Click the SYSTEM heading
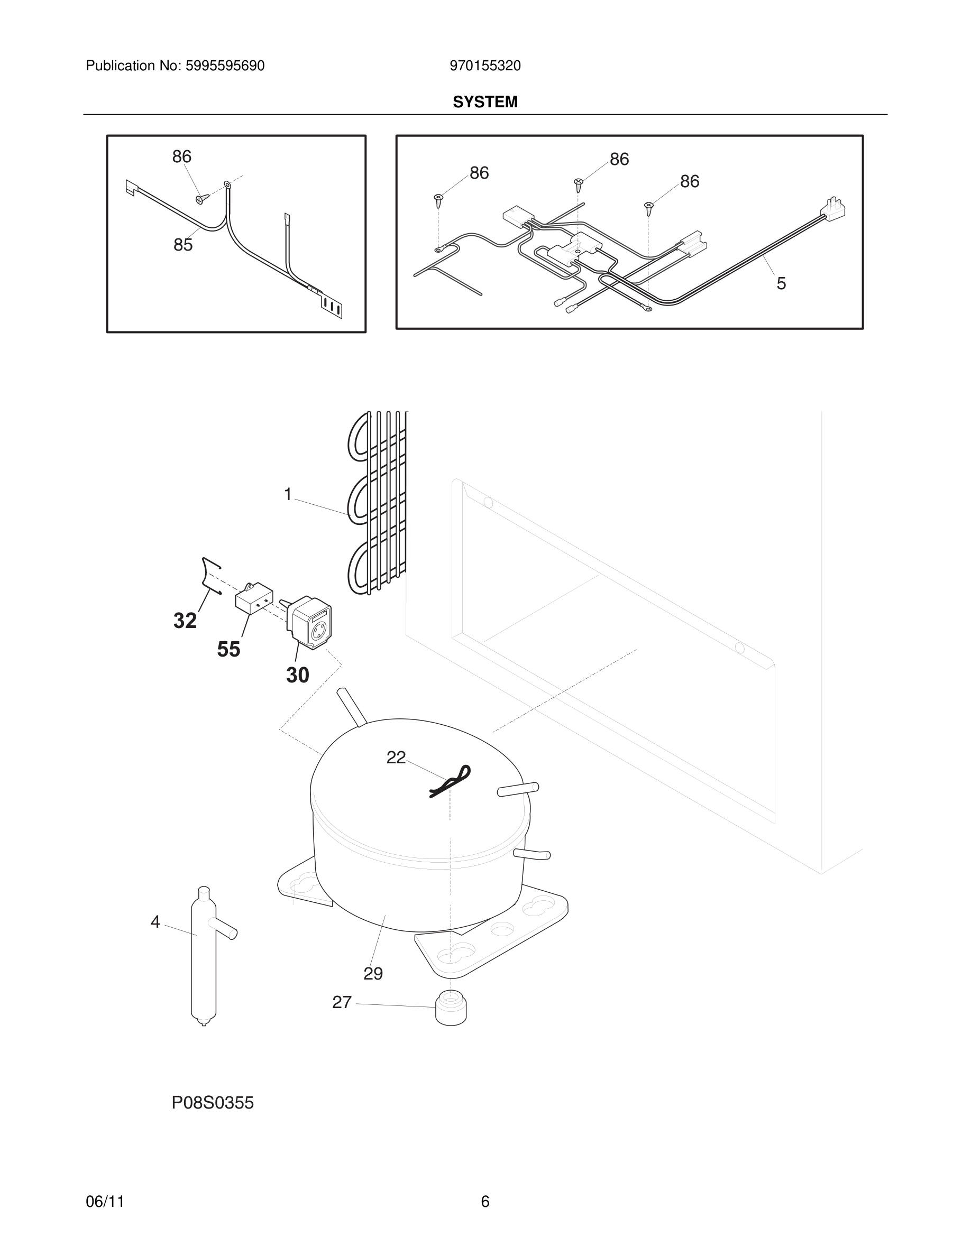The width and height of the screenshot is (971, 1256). [x=485, y=102]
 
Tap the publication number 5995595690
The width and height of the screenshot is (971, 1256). [x=225, y=66]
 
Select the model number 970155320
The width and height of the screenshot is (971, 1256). [x=485, y=66]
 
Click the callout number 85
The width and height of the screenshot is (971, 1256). [x=183, y=245]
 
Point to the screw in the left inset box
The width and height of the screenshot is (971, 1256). [x=201, y=198]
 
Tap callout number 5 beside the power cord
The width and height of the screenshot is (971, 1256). [x=781, y=283]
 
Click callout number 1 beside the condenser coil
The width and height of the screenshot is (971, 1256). [x=288, y=494]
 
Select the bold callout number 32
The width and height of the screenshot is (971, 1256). [x=185, y=621]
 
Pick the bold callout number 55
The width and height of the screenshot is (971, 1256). [x=228, y=649]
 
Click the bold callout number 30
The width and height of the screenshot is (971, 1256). [x=297, y=675]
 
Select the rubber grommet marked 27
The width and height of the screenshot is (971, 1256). [x=451, y=1008]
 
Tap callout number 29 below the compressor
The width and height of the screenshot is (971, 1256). [x=373, y=974]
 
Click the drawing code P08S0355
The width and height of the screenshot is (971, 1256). [x=212, y=1103]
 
